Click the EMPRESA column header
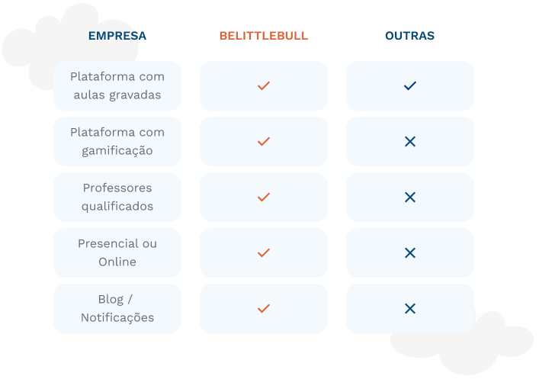(117, 36)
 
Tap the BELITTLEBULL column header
(264, 36)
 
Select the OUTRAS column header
(409, 36)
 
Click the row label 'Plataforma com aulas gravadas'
(117, 85)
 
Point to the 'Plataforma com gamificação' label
(117, 141)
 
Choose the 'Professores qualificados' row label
(117, 197)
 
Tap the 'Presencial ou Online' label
(117, 252)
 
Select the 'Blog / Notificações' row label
(117, 308)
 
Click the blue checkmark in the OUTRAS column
(410, 85)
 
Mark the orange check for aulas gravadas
(264, 85)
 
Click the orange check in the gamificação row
(264, 141)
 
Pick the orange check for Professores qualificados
(264, 197)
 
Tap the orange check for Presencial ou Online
(264, 252)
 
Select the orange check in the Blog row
(264, 308)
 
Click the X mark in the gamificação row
(410, 141)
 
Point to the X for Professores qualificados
(410, 197)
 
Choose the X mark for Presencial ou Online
(410, 252)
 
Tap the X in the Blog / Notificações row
(410, 308)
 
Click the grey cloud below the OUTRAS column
(465, 351)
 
